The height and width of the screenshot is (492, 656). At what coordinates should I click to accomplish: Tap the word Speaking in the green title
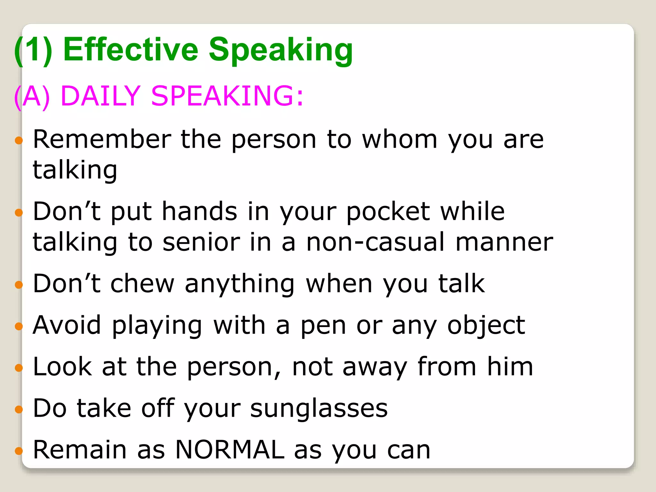click(281, 51)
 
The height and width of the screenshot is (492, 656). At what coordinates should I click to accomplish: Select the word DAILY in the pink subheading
click(100, 95)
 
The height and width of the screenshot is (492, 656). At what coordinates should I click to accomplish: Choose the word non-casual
click(375, 242)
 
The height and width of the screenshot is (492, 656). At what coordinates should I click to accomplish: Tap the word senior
click(201, 242)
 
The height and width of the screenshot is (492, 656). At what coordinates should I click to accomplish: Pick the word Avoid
click(67, 325)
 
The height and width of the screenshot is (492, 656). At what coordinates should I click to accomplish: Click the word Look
click(62, 367)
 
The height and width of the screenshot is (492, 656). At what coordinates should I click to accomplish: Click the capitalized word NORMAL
click(230, 450)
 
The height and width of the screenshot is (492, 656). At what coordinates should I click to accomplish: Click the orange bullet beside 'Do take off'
click(19, 409)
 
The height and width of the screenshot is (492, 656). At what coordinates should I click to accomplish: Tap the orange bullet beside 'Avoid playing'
click(19, 326)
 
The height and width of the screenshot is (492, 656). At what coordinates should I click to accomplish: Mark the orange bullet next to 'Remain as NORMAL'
click(19, 451)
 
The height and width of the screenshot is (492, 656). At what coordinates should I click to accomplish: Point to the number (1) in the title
click(33, 50)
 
